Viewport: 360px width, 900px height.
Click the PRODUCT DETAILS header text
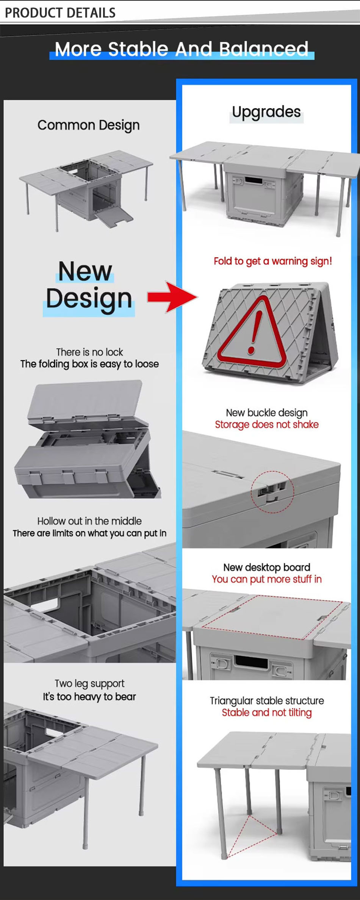[60, 13]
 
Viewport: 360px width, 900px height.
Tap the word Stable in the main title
[138, 49]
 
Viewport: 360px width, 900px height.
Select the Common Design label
[88, 125]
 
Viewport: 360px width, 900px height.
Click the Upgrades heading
[266, 112]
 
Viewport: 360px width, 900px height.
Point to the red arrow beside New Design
[172, 297]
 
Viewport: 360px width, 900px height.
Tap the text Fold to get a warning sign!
[273, 261]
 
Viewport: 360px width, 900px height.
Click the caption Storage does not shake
[267, 425]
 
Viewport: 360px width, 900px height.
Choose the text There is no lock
[89, 352]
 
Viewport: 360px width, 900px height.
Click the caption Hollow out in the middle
[89, 521]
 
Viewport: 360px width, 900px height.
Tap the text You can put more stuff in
[267, 579]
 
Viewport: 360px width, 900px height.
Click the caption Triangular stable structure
[267, 701]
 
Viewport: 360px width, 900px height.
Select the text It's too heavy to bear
[89, 697]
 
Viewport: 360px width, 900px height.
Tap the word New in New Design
[85, 271]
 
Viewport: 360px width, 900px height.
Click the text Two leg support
[89, 684]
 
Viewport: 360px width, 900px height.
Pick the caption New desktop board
[267, 567]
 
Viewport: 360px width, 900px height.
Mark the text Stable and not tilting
[267, 713]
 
